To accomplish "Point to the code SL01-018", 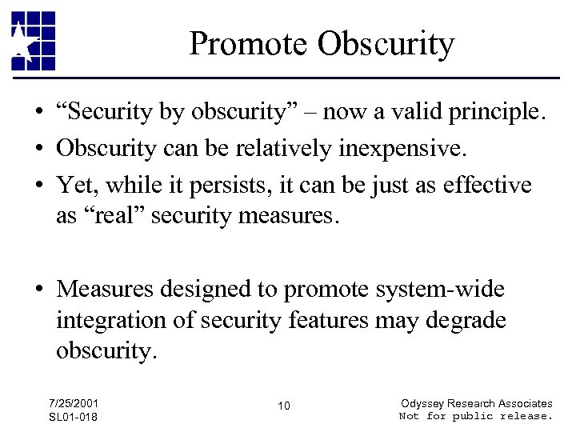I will tap(74, 418).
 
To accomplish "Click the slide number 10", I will tap(284, 406).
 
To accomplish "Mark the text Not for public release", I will tap(475, 416).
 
